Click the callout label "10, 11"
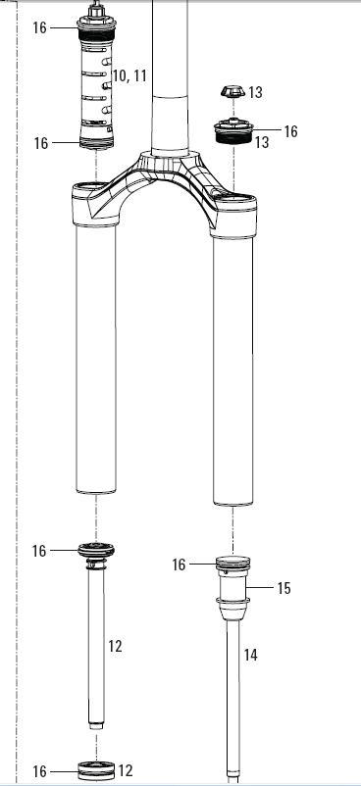129,76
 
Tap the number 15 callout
284,588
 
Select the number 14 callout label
250,655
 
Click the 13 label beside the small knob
255,93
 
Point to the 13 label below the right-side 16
262,142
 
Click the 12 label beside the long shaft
115,646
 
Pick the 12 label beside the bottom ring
125,770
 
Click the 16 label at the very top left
39,27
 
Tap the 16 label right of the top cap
290,131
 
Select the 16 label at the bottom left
39,771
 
